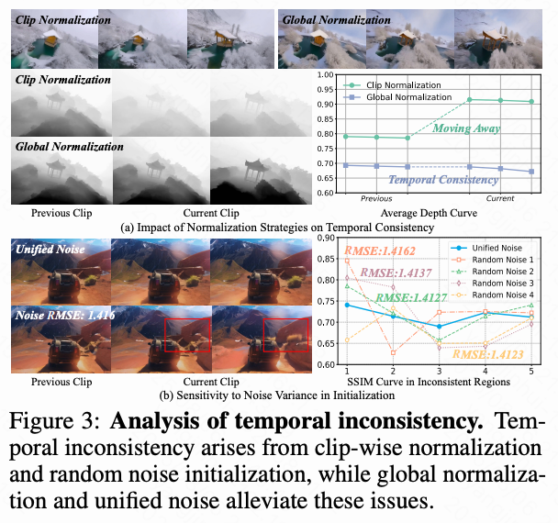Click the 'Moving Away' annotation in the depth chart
[466, 128]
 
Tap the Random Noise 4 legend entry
[501, 294]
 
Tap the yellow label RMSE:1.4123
[486, 354]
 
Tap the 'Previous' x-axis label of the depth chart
[376, 198]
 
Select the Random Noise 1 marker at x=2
[393, 352]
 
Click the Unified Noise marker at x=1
[347, 305]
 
